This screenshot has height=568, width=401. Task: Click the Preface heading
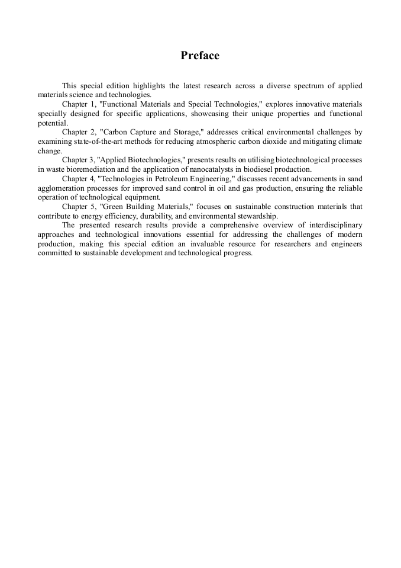coord(200,56)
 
